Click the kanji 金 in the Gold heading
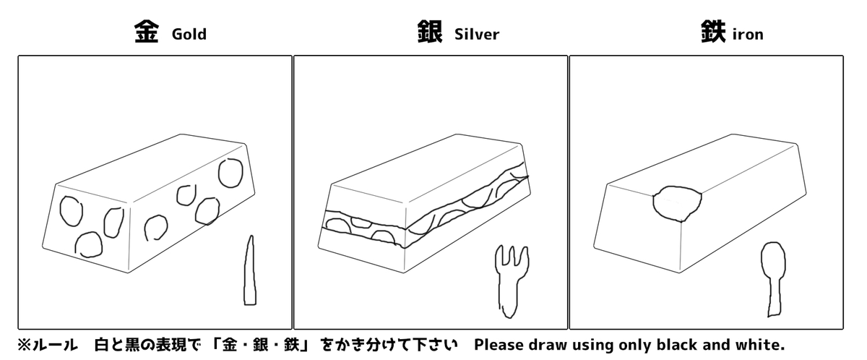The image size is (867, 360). coord(146,32)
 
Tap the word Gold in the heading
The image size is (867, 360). coord(189,35)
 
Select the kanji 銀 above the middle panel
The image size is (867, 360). coord(430,32)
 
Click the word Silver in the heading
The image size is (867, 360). coord(477,35)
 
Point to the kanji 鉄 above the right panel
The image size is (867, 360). coord(713,32)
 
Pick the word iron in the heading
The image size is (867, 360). coord(749,35)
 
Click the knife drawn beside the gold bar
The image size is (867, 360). coord(250,270)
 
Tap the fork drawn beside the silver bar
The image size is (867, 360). coord(511,281)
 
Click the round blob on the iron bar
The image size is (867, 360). coord(677,204)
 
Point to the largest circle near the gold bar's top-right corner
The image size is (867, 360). coord(230,173)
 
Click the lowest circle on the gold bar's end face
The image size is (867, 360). coord(89,245)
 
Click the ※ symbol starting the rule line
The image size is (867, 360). coord(24,345)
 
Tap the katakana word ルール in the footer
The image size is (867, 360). coord(55,345)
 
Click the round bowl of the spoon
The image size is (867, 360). coord(774,260)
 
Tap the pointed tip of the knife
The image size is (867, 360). coord(251,236)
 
